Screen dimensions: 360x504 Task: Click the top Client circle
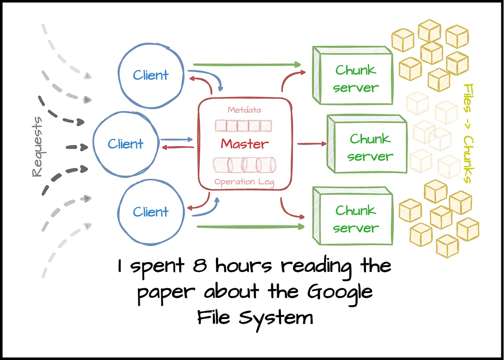pyautogui.click(x=151, y=75)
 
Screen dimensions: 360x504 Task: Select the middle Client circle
pyautogui.click(x=126, y=144)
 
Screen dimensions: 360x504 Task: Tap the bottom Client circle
pyautogui.click(x=151, y=212)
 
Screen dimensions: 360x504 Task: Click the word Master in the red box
pyautogui.click(x=245, y=144)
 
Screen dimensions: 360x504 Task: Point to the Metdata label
pyautogui.click(x=244, y=109)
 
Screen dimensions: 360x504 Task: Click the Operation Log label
pyautogui.click(x=245, y=182)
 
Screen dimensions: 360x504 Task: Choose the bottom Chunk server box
pyautogui.click(x=355, y=219)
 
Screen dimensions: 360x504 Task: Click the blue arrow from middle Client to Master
pyautogui.click(x=177, y=139)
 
